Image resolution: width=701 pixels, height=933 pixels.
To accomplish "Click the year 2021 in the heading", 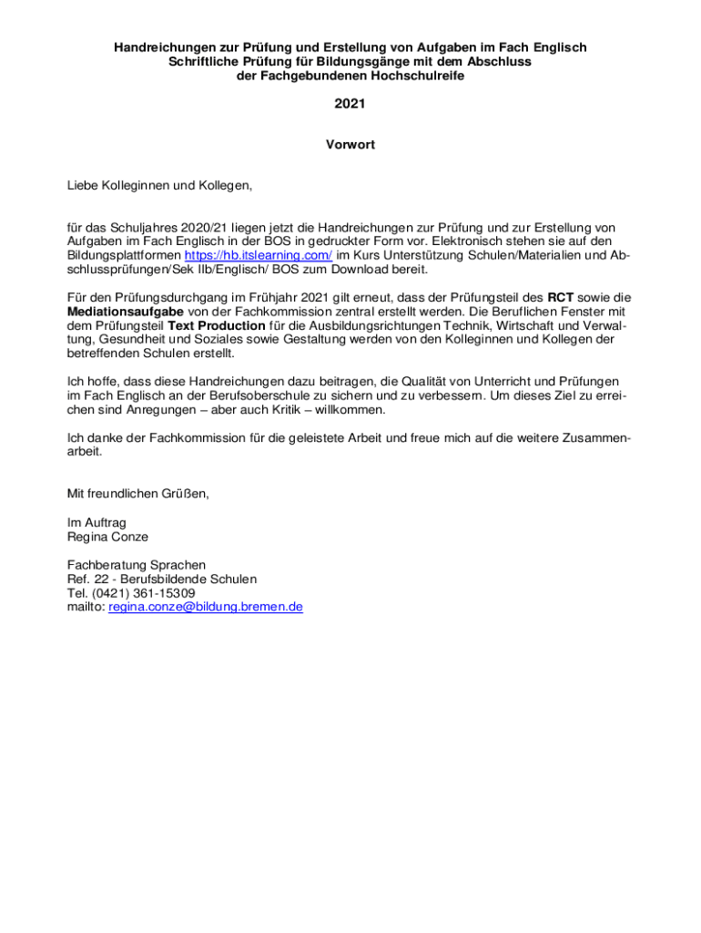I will click(x=350, y=104).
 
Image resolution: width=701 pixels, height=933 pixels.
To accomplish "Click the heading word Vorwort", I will click(x=350, y=145).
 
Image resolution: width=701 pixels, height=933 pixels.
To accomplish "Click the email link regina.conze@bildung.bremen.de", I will click(x=205, y=606).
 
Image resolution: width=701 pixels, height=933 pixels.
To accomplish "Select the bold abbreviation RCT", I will click(x=560, y=297).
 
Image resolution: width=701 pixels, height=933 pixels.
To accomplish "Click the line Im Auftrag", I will click(x=97, y=523).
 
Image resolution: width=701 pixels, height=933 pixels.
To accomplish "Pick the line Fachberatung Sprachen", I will click(x=137, y=565).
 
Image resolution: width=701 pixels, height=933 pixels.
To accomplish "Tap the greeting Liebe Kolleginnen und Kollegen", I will click(x=159, y=186).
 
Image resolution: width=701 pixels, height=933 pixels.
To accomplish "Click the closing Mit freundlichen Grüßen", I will click(x=138, y=494).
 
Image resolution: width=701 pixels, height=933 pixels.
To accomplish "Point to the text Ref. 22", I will click(x=89, y=579).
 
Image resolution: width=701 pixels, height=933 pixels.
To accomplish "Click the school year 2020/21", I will click(x=200, y=227).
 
